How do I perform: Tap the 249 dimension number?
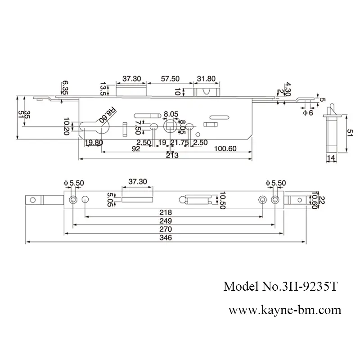[173, 221]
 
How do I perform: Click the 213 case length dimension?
[171, 156]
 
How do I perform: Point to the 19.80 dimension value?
[94, 143]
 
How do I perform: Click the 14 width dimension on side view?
[331, 157]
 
